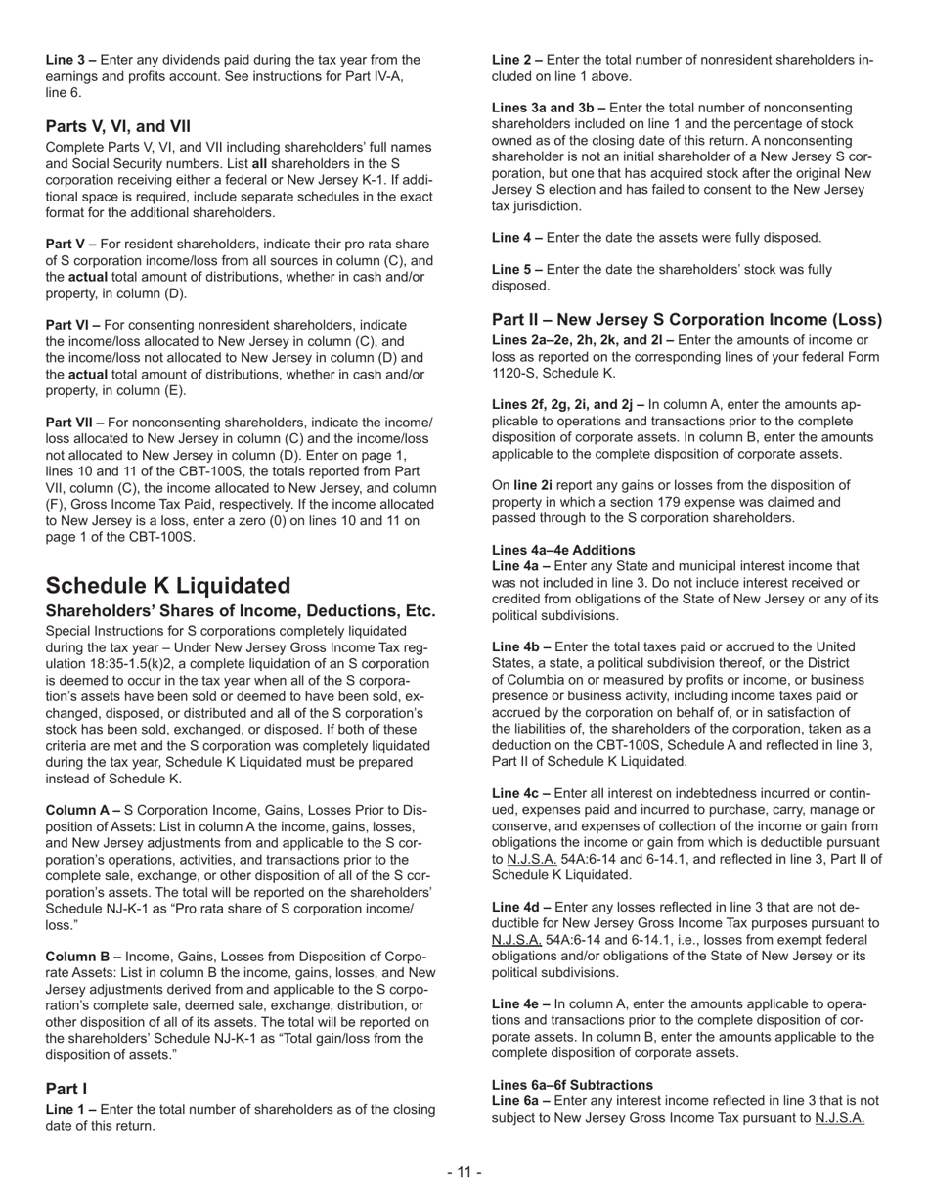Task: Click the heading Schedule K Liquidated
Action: (x=168, y=585)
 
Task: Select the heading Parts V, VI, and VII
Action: (x=117, y=126)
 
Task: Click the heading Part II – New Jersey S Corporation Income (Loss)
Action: (x=686, y=320)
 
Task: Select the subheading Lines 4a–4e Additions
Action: (x=563, y=550)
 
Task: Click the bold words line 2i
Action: (x=533, y=485)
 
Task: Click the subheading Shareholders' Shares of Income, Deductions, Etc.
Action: (x=241, y=611)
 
